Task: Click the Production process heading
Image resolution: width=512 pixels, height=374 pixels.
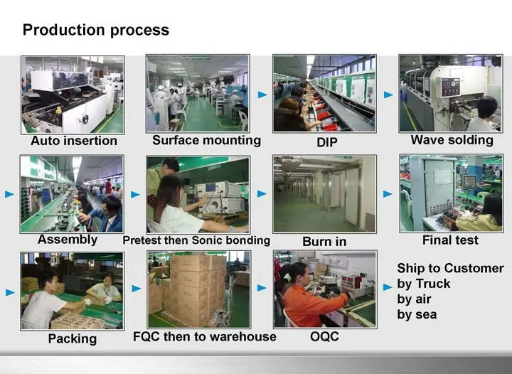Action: pyautogui.click(x=96, y=30)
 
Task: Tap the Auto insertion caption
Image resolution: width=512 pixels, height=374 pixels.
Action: pyautogui.click(x=73, y=140)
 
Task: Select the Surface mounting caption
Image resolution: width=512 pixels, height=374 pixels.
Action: pyautogui.click(x=206, y=140)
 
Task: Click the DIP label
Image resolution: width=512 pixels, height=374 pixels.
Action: pyautogui.click(x=326, y=141)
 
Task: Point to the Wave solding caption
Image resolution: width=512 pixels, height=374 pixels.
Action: pyautogui.click(x=452, y=140)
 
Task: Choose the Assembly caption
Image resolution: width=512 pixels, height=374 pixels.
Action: pyautogui.click(x=67, y=239)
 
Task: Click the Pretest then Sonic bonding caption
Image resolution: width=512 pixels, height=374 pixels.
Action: pyautogui.click(x=196, y=240)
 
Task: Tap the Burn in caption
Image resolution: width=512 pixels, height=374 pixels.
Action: pyautogui.click(x=324, y=241)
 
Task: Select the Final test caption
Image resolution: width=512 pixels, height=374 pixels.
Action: pyautogui.click(x=450, y=240)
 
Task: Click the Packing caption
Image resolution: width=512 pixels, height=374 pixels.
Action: pyautogui.click(x=72, y=338)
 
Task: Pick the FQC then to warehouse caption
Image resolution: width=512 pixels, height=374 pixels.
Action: pyautogui.click(x=204, y=336)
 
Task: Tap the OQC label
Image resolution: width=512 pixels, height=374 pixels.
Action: pyautogui.click(x=324, y=336)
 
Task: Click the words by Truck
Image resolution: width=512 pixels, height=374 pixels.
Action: pyautogui.click(x=424, y=284)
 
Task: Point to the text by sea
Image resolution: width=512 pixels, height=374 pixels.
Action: pyautogui.click(x=417, y=314)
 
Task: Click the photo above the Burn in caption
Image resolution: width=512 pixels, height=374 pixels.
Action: pyautogui.click(x=324, y=194)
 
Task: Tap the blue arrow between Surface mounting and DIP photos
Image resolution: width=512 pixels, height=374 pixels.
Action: pyautogui.click(x=262, y=94)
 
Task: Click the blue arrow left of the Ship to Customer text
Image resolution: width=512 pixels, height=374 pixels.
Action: pyautogui.click(x=388, y=287)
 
